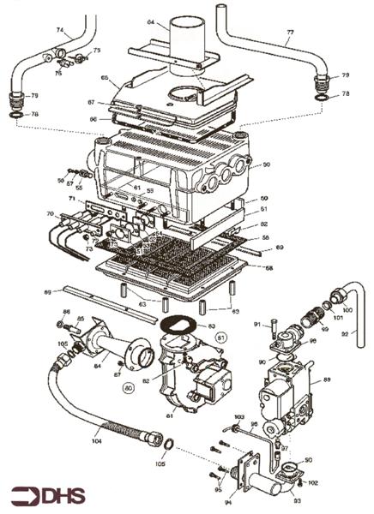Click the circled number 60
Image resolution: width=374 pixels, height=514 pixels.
129,387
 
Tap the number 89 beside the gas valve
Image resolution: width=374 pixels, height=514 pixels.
327,379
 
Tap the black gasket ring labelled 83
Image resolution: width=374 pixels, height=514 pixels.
178,325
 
